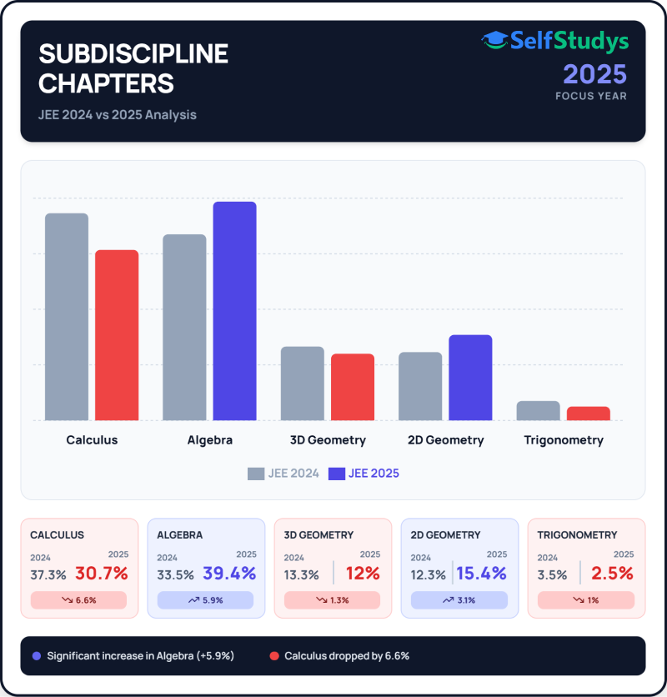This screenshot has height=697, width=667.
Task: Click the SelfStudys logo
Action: (554, 41)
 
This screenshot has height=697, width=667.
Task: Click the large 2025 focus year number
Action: (594, 74)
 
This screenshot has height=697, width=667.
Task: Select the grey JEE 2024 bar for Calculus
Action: (67, 317)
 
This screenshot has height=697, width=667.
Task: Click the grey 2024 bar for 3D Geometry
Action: (302, 384)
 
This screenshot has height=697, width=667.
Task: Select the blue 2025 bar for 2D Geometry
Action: (470, 378)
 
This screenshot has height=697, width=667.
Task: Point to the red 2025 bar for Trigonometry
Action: (589, 414)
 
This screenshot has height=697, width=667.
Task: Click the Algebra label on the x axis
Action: (209, 440)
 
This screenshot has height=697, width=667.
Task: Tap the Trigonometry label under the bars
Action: (564, 440)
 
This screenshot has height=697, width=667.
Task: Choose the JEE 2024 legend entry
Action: (283, 474)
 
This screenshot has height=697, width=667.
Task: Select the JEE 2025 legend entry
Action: (364, 474)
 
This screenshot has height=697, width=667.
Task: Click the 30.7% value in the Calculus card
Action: (102, 574)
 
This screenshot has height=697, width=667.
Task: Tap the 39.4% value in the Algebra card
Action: (228, 574)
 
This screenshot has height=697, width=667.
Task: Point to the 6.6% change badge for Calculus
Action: (78, 600)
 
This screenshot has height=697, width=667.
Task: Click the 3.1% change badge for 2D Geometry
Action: (459, 600)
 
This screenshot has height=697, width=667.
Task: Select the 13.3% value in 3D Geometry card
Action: (301, 574)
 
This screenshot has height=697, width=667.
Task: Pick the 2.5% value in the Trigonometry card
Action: (612, 574)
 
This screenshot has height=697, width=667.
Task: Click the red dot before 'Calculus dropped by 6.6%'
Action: (273, 656)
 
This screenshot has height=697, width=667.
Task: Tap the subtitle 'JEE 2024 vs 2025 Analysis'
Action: (118, 115)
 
